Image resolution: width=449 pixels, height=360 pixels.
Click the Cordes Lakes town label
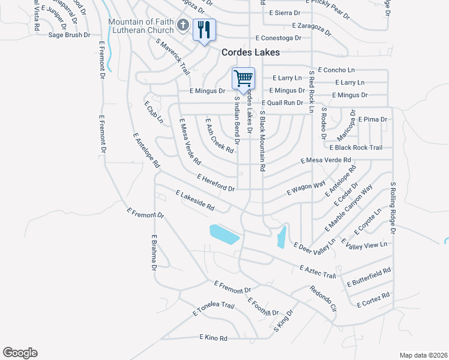250,52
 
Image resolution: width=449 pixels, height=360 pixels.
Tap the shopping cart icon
243,78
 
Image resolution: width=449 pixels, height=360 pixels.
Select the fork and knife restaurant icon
204,29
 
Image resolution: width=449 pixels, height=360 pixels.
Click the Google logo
20,353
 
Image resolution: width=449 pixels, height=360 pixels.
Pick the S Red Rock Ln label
312,91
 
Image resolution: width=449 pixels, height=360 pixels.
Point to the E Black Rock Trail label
355,148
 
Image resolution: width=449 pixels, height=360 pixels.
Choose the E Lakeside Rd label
194,200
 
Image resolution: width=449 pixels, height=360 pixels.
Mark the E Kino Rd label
213,338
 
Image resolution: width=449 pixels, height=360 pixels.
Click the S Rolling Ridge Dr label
393,208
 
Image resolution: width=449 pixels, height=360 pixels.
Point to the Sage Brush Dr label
69,35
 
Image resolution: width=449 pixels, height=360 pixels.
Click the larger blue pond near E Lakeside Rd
224,234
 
